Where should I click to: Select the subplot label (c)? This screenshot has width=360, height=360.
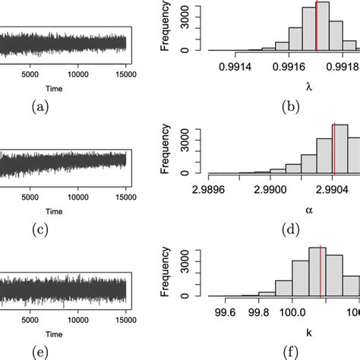pos(36,228)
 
